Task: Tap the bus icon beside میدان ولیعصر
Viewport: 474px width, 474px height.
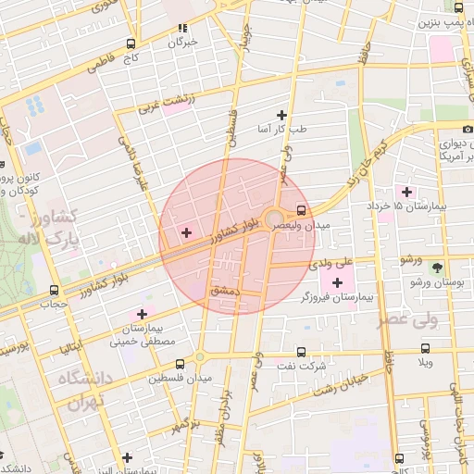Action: tap(302, 209)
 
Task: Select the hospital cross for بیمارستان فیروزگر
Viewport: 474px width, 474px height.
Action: tap(336, 281)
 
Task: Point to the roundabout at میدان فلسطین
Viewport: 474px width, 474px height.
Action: tap(199, 357)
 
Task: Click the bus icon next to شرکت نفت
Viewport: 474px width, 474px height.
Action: tap(302, 351)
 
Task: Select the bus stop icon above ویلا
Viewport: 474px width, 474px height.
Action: tap(425, 348)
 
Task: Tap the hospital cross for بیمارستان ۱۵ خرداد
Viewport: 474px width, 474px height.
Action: tap(406, 191)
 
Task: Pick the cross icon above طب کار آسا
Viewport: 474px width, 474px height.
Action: tap(282, 117)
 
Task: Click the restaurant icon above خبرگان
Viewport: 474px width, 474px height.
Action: tap(181, 28)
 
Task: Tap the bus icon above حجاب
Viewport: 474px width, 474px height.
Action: tap(54, 288)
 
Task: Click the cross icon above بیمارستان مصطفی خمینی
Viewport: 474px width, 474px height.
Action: tap(142, 314)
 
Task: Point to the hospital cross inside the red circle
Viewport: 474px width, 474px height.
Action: tap(186, 231)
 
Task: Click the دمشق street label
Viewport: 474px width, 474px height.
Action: tap(225, 291)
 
